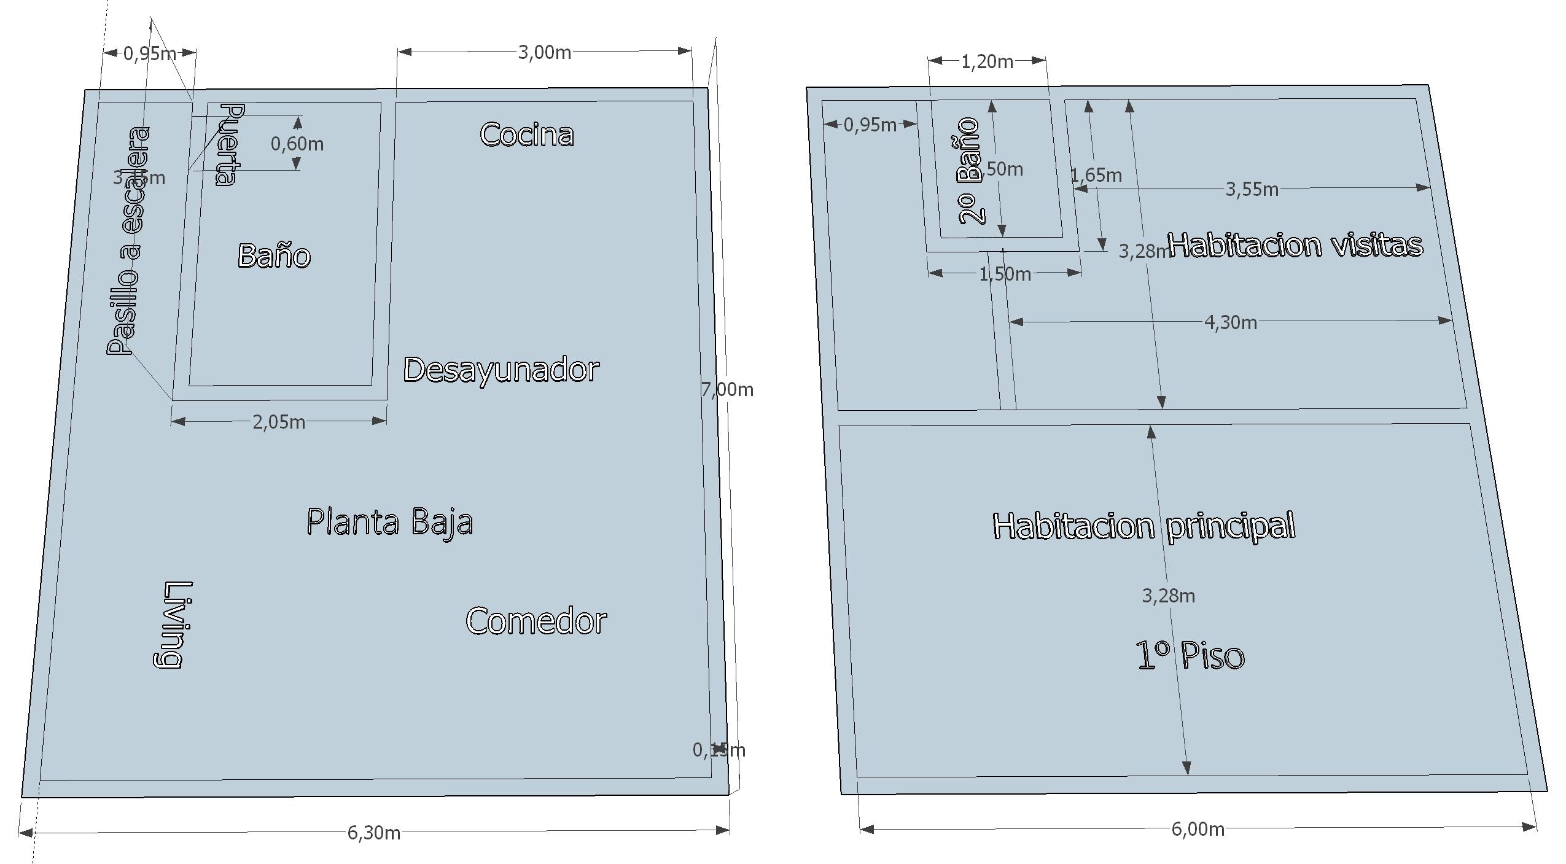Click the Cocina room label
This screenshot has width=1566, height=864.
point(527,134)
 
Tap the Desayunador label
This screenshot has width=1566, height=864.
point(501,370)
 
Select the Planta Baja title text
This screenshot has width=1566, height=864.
point(389,523)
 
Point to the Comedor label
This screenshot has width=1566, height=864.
point(536,621)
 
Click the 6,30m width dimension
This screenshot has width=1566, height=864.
point(373,833)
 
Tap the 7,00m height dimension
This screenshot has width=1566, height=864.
point(727,389)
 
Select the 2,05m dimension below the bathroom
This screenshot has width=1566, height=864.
point(279,422)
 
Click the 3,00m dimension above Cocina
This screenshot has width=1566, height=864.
point(545,53)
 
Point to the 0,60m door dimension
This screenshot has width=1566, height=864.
point(297,144)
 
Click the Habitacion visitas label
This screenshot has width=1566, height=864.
point(1295,245)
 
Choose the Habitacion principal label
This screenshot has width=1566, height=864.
point(1143,526)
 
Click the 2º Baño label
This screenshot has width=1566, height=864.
point(968,171)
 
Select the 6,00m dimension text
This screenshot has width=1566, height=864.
point(1198,829)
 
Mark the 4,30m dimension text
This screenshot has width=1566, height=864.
point(1230,322)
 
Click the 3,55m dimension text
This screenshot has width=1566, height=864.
point(1252,189)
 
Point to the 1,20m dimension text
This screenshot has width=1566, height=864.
point(987,62)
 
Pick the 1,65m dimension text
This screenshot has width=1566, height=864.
point(1096,176)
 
